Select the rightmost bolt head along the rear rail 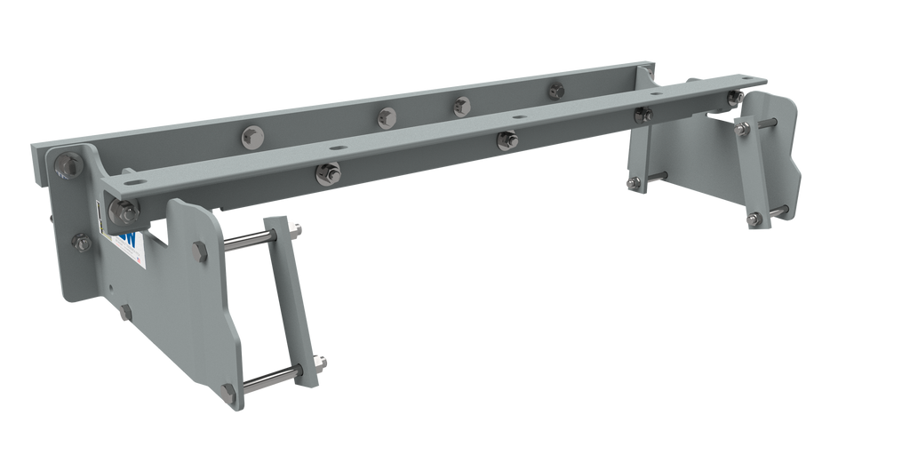(x=557, y=89)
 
